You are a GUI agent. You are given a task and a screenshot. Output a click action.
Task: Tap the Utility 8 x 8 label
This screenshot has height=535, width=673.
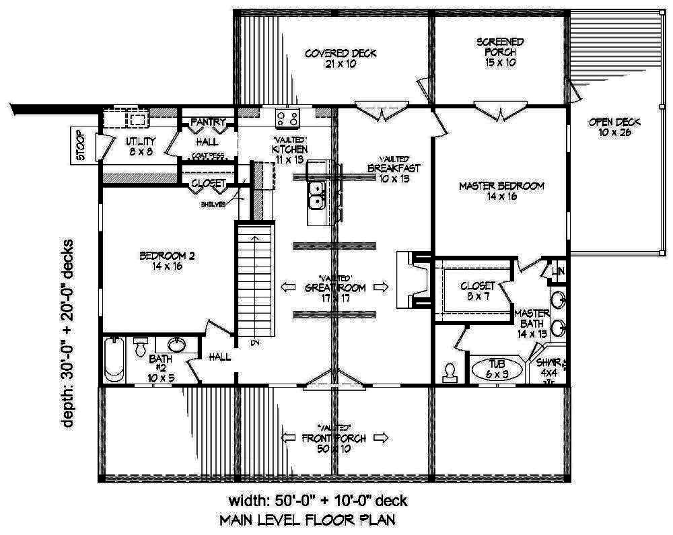141,146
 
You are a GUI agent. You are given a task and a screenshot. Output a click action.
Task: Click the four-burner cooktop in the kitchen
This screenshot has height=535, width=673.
287,119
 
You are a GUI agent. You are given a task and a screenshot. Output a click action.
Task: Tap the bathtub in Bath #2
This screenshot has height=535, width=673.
113,360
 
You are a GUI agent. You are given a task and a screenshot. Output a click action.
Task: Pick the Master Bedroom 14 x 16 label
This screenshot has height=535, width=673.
501,191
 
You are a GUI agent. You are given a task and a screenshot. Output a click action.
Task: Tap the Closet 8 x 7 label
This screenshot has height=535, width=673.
477,291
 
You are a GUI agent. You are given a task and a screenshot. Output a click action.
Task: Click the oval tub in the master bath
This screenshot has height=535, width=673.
497,369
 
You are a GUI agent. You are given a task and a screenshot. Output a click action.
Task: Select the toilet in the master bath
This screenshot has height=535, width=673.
450,371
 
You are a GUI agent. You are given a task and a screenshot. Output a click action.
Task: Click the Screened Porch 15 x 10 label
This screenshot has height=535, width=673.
500,52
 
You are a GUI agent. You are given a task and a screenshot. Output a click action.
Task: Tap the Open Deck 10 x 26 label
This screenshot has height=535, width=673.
614,127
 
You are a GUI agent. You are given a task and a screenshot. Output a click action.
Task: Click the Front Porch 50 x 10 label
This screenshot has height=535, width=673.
334,443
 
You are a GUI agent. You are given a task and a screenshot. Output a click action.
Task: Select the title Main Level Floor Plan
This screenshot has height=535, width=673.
306,520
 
